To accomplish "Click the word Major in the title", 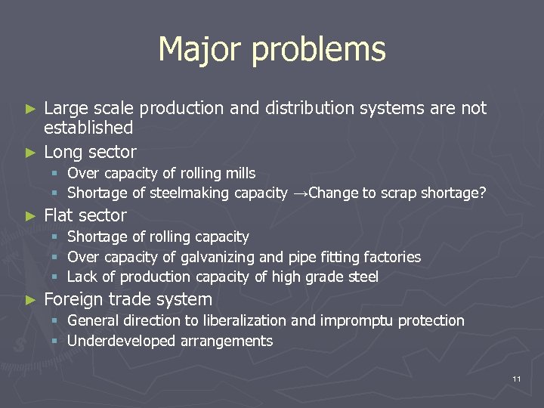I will point(199,49).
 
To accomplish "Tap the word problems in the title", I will point(318,51).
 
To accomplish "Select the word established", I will point(88,128).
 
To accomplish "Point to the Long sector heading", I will point(90,151).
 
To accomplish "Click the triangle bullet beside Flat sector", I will point(31,215).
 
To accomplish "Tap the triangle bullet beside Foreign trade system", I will point(31,299).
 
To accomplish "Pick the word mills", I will point(240,173).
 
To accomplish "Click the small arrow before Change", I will point(300,193).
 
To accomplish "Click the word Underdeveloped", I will point(122,342).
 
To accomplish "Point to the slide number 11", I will point(516,378).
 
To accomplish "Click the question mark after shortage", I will point(482,193).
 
